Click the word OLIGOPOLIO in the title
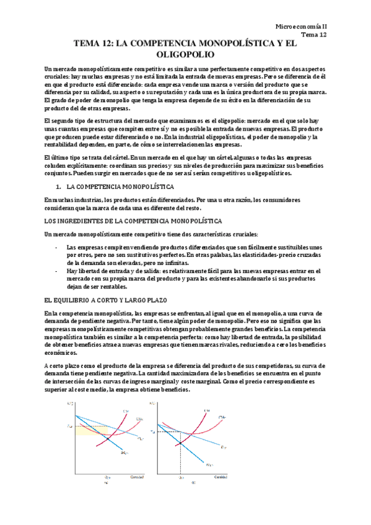pos(185,55)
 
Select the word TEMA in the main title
pos(89,44)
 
